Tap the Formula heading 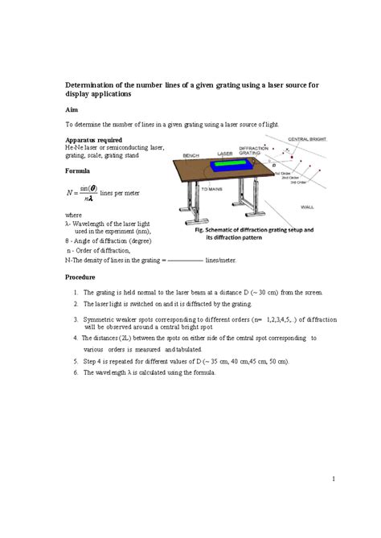79,171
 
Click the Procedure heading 82,277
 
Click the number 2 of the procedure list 74,305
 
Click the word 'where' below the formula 72,216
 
